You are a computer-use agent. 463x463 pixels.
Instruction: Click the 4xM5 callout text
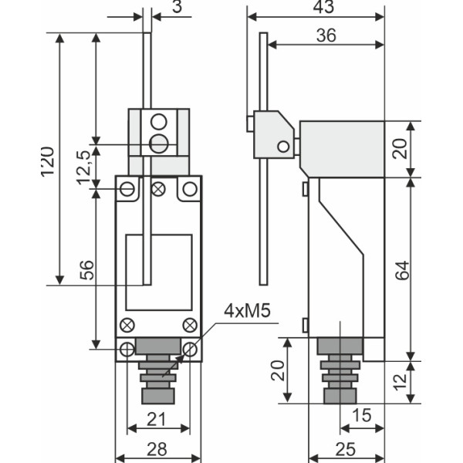(247, 311)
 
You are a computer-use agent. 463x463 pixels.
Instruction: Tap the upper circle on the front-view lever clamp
(159, 122)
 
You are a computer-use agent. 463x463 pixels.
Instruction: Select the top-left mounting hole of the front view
(127, 188)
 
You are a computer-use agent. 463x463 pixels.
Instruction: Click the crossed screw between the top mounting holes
(159, 188)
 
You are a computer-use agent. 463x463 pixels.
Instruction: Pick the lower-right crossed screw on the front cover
(189, 324)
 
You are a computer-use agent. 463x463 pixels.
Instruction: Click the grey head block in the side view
(342, 147)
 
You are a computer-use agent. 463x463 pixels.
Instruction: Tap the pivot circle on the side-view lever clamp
(284, 146)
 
